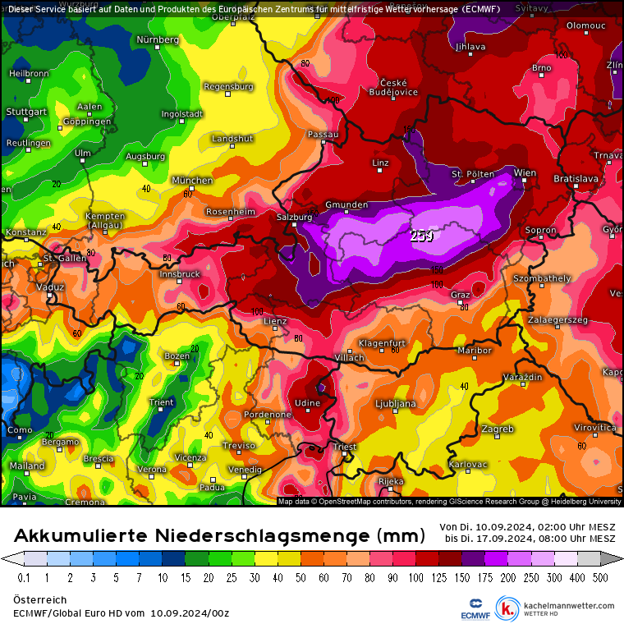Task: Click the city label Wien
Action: point(525,172)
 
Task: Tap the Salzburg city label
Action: point(295,217)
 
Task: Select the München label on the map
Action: point(191,180)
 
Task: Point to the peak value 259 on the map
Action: point(422,236)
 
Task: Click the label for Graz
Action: point(460,295)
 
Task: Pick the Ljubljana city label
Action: point(395,404)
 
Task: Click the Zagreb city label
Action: point(498,429)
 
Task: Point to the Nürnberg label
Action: point(157,39)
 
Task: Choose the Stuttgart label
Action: point(26,112)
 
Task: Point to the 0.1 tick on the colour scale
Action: point(25,578)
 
